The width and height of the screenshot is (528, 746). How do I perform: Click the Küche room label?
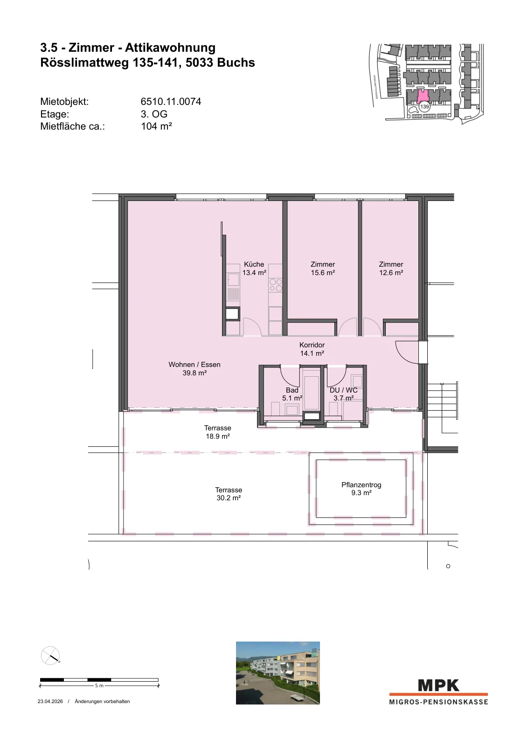(254, 264)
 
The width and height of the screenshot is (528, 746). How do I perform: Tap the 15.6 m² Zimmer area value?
(323, 273)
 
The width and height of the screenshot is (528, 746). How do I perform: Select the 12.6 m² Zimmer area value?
(391, 273)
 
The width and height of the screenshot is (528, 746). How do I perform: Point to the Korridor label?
(312, 345)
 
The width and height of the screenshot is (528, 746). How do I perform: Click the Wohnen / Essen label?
(195, 365)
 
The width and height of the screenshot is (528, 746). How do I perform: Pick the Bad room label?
(292, 390)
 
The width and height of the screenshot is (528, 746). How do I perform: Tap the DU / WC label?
(343, 390)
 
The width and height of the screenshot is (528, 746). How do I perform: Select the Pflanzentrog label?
(361, 485)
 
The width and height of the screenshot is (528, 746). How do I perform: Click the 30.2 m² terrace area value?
(229, 498)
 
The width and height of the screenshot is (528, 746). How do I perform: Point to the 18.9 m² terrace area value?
(218, 436)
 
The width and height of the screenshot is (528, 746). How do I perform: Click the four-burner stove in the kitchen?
(276, 285)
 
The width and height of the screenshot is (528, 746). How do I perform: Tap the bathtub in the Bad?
(312, 388)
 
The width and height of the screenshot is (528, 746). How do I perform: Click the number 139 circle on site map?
(424, 107)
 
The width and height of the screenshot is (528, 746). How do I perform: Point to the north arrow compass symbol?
(50, 656)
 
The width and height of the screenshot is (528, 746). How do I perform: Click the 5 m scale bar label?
(99, 686)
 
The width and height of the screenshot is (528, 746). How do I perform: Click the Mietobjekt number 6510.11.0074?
(171, 102)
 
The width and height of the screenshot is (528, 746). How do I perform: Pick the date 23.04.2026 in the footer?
(50, 701)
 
